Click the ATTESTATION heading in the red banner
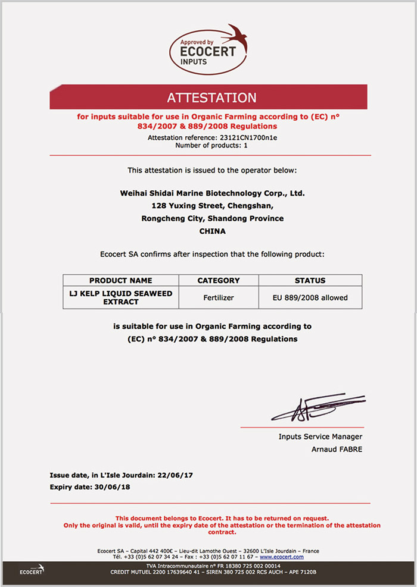[211, 98]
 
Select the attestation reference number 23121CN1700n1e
[246, 137]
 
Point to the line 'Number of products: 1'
[212, 145]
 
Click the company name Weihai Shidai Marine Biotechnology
[212, 193]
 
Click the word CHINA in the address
[212, 231]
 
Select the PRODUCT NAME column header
[120, 280]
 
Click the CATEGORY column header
[219, 280]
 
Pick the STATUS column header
[310, 280]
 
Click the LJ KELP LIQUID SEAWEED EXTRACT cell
[120, 297]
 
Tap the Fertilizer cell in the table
[219, 297]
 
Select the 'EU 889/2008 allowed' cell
[310, 297]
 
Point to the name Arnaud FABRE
[337, 449]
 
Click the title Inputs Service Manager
[320, 437]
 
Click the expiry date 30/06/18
[112, 487]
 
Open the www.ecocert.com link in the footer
[282, 557]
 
